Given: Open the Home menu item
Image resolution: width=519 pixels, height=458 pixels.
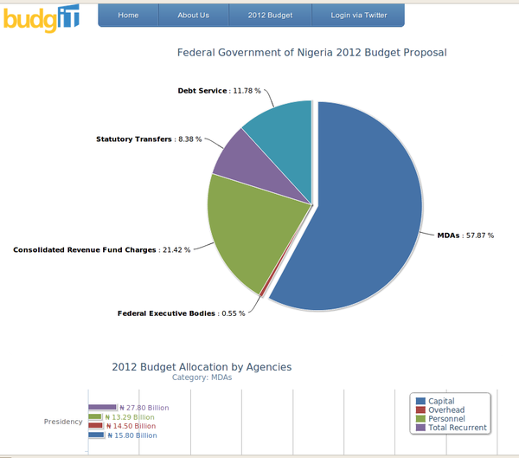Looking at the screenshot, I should (x=128, y=16).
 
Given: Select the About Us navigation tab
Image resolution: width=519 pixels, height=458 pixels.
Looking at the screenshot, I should (x=193, y=16).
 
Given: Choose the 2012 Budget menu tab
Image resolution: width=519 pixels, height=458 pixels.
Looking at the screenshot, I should (x=270, y=16).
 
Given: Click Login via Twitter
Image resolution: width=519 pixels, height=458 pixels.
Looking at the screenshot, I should (x=359, y=16).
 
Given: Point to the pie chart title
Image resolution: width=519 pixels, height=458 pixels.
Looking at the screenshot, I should (x=311, y=53).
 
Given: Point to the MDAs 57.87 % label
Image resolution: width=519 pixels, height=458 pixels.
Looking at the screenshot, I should (x=465, y=235).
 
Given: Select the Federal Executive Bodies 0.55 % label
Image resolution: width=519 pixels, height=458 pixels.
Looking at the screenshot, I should (x=181, y=313).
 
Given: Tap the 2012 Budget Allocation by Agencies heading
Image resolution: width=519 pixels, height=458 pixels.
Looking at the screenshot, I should (x=202, y=367).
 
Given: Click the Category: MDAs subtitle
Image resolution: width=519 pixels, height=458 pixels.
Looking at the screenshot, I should (x=202, y=377).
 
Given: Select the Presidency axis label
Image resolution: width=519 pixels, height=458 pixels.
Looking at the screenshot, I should (x=63, y=422).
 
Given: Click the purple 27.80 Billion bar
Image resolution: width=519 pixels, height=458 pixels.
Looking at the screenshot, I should (x=102, y=407).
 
